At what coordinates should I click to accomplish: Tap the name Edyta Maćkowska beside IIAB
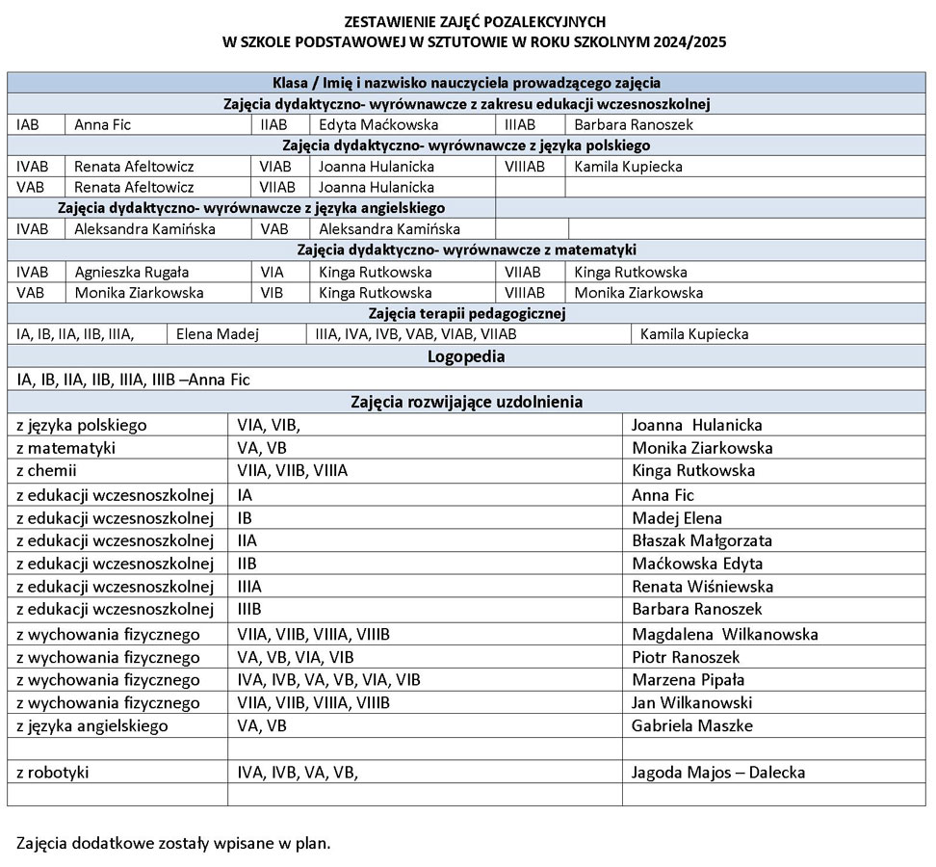pos(378,124)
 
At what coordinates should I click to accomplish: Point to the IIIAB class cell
pos(521,124)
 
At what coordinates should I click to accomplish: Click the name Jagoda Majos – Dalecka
pos(718,772)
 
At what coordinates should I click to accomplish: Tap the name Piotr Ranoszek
pos(686,657)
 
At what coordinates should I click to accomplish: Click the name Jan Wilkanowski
pos(691,702)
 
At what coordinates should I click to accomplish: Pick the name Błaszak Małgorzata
pos(702,540)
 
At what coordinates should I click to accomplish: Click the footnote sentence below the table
pos(173,843)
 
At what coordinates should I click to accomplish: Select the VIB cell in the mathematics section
pos(272,293)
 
